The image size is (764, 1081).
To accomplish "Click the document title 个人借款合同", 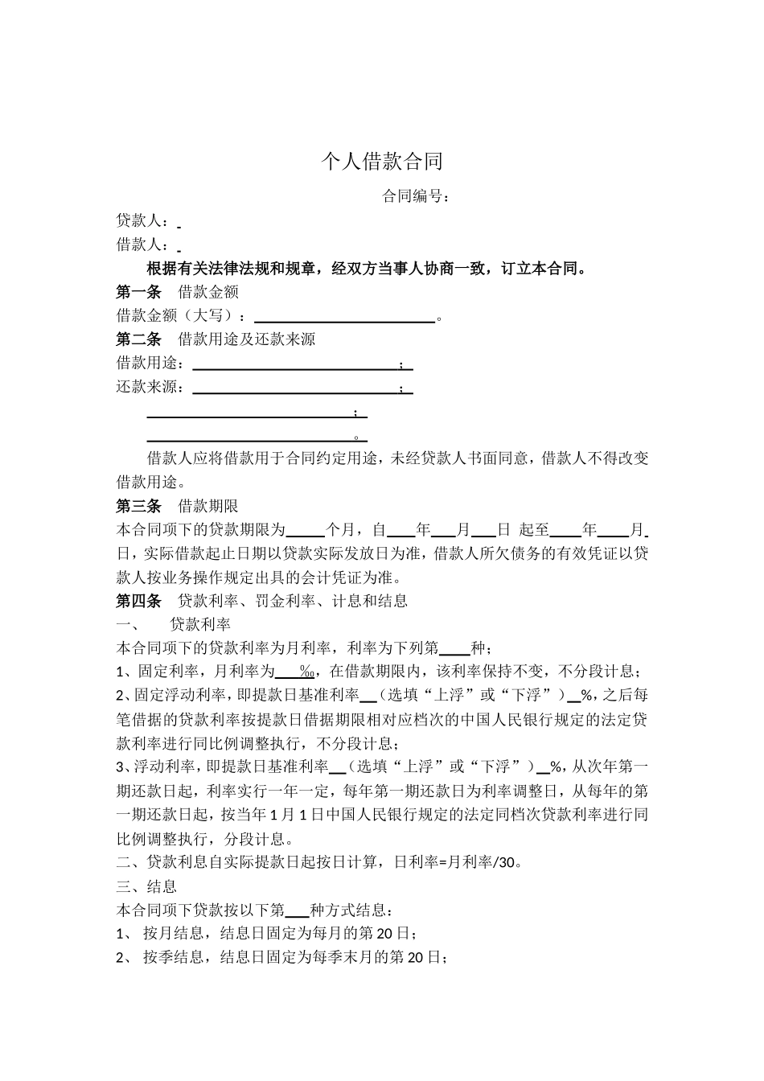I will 382,162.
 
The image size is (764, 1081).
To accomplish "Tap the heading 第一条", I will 138,292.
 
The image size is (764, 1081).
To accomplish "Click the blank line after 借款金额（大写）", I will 344,316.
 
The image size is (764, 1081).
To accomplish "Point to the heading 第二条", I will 138,339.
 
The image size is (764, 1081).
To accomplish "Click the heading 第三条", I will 138,507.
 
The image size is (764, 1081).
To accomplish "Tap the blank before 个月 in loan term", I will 306,530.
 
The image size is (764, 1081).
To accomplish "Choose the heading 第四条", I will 138,601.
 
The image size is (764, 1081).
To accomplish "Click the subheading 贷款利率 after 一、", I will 200,625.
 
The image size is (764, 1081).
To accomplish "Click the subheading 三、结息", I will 146,886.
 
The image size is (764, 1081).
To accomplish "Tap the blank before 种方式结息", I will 297,910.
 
